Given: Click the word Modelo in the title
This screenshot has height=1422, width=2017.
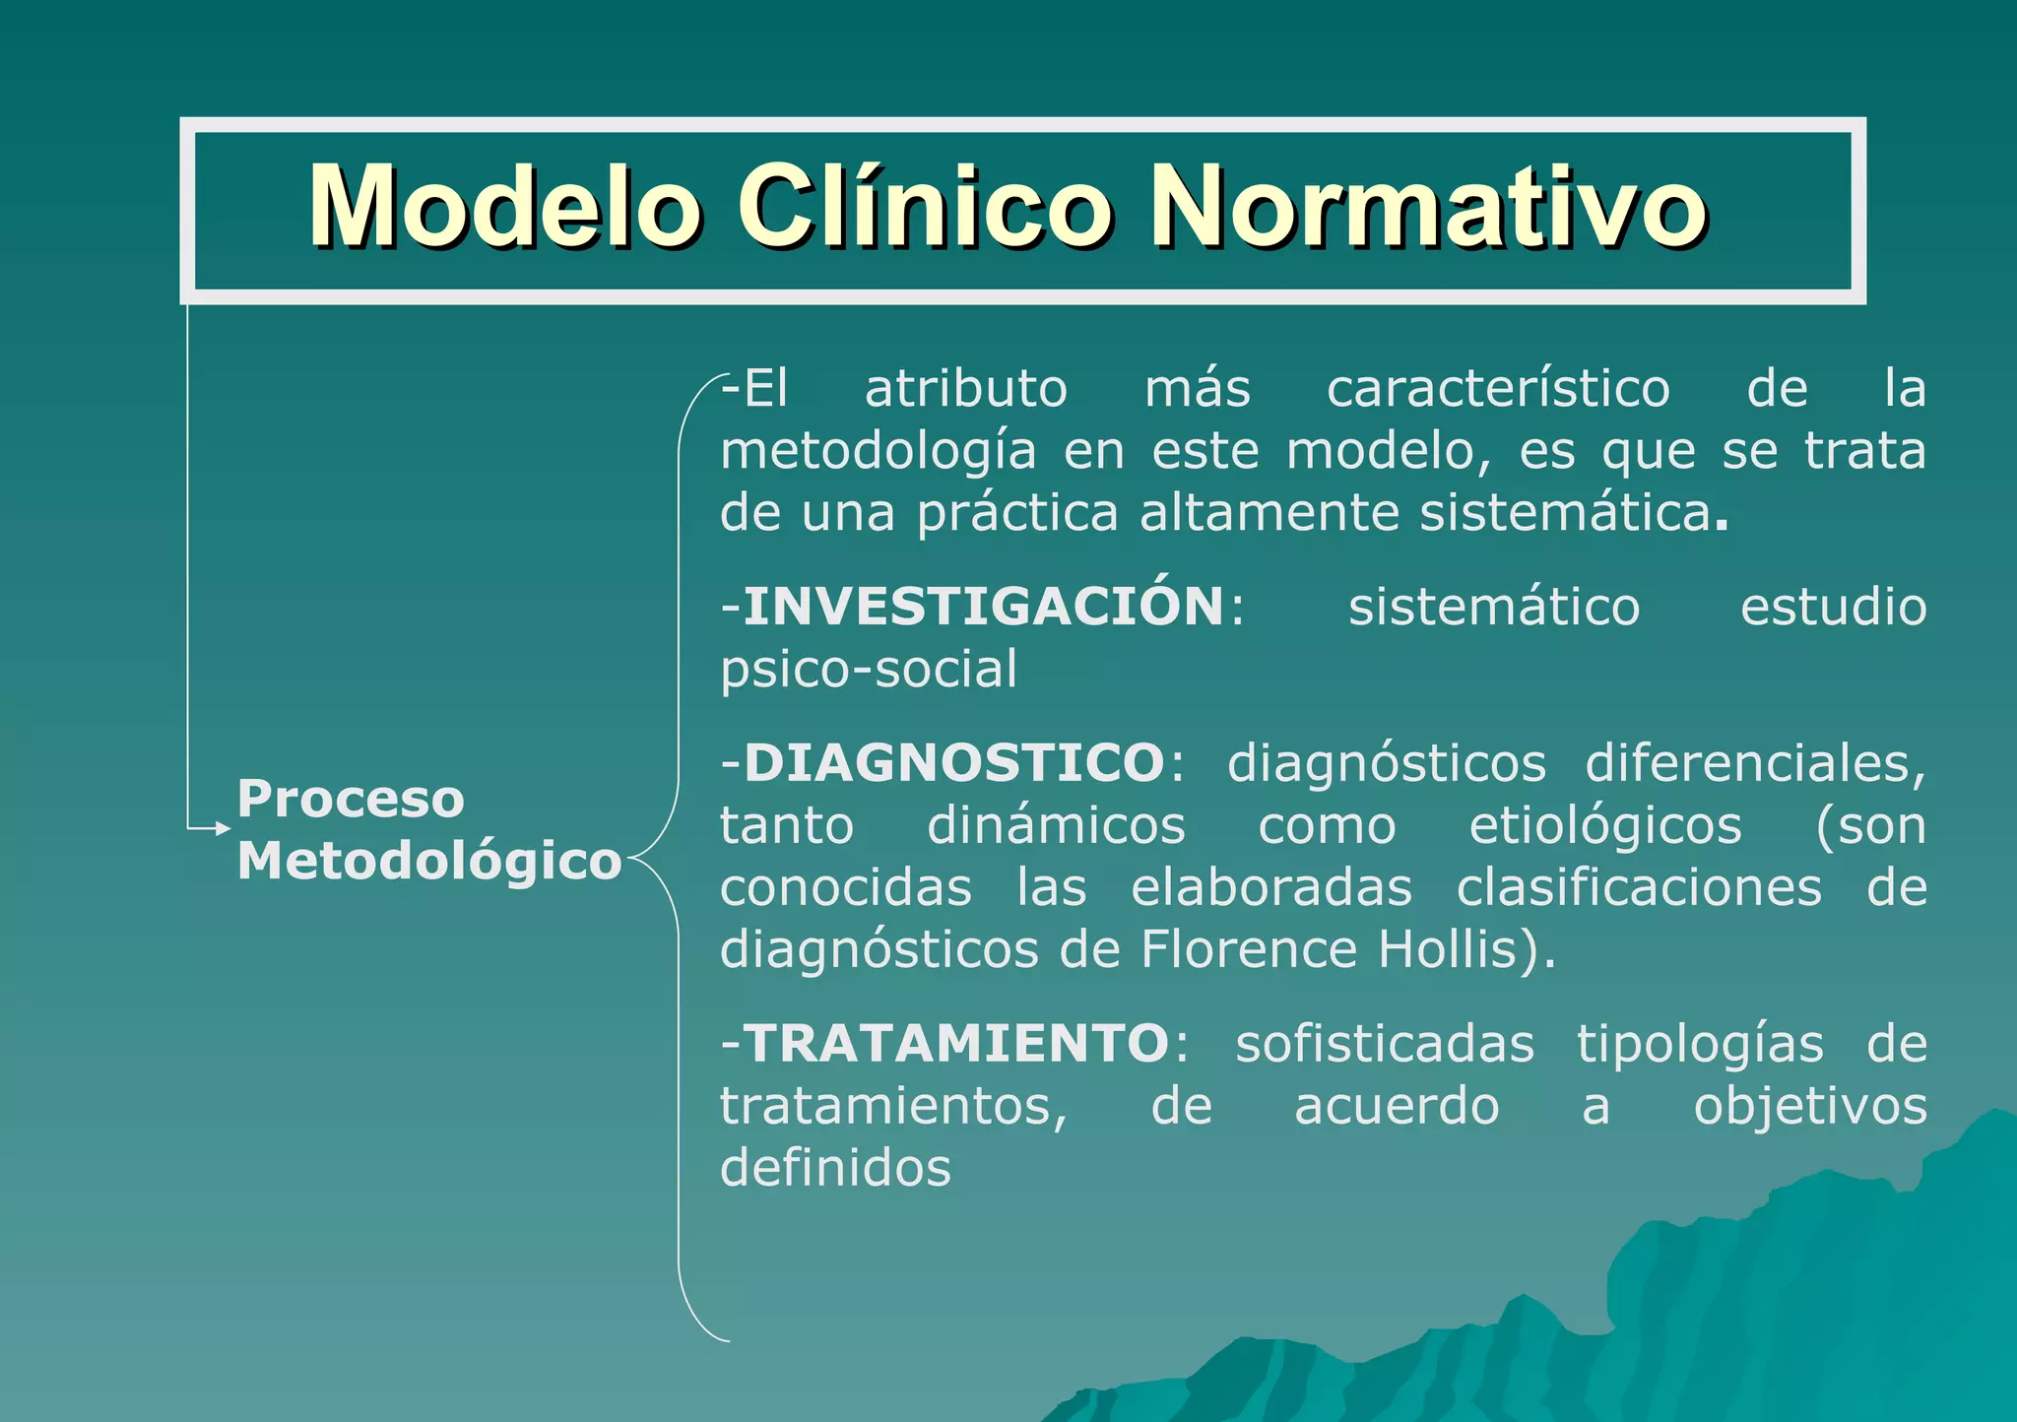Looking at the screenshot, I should coord(504,207).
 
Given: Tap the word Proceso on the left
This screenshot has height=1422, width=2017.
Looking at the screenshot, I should coord(351,798).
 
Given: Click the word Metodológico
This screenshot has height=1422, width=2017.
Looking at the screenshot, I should coord(429,861).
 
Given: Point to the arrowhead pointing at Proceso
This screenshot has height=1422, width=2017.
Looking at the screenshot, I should coord(223,829).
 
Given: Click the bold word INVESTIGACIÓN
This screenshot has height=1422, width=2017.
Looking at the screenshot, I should coord(983,606).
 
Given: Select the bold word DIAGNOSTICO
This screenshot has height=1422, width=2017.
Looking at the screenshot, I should coord(954,762).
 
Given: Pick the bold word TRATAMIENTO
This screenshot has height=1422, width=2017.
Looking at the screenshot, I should coord(956,1043).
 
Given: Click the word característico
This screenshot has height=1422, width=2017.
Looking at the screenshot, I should coord(1497,389).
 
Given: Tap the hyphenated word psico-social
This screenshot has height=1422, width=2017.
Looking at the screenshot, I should coord(868,670).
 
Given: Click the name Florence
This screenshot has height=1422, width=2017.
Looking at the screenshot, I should coord(1249,949).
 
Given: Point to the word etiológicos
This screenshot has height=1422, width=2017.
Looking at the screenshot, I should coord(1605,825).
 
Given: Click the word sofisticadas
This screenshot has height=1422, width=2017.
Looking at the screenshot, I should coord(1385,1044).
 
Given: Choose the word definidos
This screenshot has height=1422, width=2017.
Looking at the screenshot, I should coord(835,1168).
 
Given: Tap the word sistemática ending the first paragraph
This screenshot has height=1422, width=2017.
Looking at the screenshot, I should coord(1566,513).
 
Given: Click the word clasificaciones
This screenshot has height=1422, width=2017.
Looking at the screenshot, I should coord(1639,887).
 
